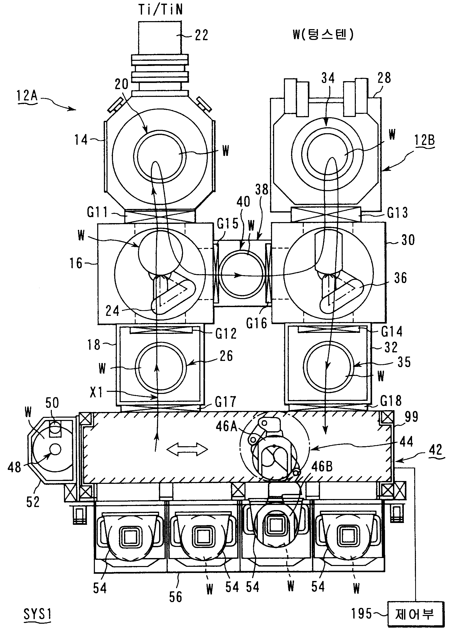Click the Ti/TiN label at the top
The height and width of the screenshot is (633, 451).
(160, 10)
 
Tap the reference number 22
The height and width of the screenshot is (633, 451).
(201, 36)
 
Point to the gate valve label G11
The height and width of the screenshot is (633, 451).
(97, 213)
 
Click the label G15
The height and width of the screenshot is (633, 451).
(228, 223)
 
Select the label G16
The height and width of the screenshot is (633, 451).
(257, 323)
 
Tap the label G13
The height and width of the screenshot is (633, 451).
(397, 213)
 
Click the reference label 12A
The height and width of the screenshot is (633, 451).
(27, 96)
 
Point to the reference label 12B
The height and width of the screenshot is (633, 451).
(424, 140)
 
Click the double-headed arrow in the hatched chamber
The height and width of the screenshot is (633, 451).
(188, 449)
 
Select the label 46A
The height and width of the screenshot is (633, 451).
(226, 426)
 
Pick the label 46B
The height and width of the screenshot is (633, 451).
(322, 467)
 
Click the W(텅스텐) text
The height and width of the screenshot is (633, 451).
(323, 35)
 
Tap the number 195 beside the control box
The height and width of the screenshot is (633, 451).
(362, 613)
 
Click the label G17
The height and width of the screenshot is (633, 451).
(225, 402)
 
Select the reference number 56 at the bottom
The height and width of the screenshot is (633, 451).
(176, 597)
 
